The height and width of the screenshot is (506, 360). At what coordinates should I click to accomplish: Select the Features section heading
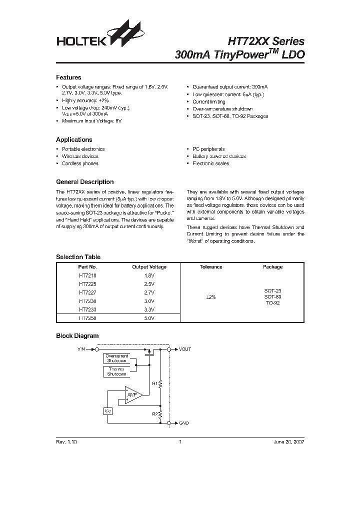point(68,77)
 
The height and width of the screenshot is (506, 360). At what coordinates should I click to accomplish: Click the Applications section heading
point(74,140)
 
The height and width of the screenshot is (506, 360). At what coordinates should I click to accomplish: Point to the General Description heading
point(84,182)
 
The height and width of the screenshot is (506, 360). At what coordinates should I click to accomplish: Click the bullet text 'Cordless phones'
point(80,163)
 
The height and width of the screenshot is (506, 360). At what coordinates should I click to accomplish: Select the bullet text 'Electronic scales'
point(210,163)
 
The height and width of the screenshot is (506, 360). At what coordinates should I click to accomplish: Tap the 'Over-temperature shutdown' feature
point(222,108)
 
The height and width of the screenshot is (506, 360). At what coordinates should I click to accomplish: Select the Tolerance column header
point(211,267)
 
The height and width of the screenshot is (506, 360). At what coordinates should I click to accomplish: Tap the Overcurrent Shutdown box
point(116,358)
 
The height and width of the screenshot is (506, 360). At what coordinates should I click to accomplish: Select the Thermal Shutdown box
point(116,371)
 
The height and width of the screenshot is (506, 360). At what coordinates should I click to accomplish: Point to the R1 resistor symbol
point(160,384)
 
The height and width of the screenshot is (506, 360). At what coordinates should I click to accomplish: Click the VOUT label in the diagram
point(185,349)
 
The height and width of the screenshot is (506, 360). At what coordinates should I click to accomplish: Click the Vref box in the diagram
point(108,411)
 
